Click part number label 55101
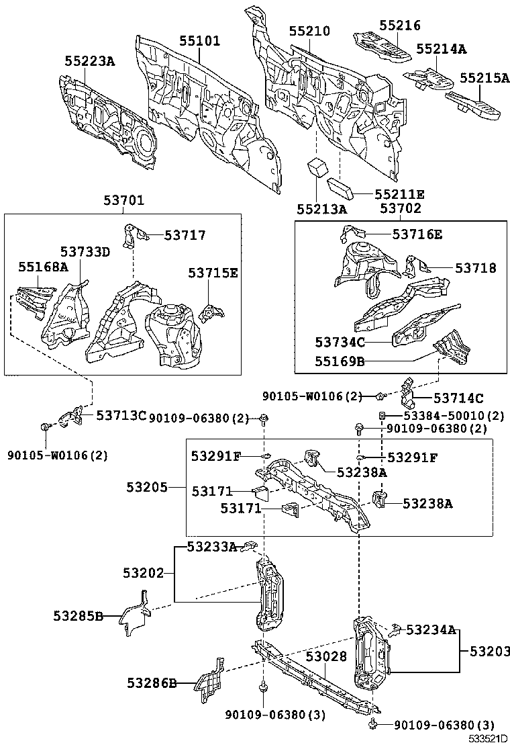[x=199, y=40]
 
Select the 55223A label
[x=89, y=61]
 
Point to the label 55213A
[x=323, y=209]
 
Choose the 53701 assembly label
[x=123, y=200]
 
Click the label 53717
[x=185, y=235]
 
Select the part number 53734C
[x=340, y=343]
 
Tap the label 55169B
[x=340, y=361]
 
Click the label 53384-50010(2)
[x=454, y=416]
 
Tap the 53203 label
[x=489, y=651]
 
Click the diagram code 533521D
[x=487, y=739]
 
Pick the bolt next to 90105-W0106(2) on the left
[x=44, y=427]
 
